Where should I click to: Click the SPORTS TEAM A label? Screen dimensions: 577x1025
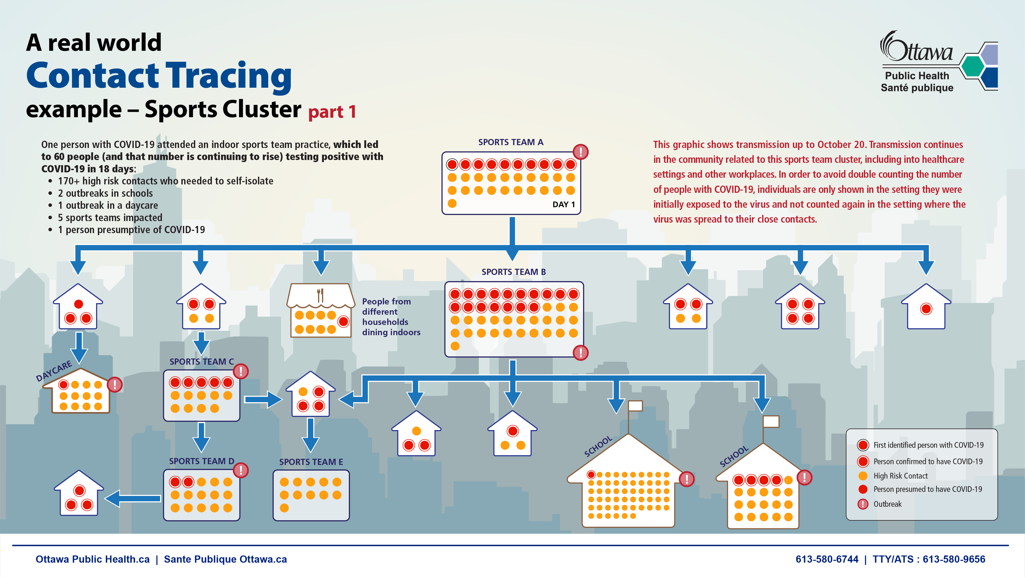tap(511, 142)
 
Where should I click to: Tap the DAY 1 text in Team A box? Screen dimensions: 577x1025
tap(563, 204)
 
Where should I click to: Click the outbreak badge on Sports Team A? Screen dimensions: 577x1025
tap(581, 152)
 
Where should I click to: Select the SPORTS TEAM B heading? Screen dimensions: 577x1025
tap(513, 272)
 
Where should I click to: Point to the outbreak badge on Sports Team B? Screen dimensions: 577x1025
tap(581, 352)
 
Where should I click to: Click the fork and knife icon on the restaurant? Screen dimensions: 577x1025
tap(320, 295)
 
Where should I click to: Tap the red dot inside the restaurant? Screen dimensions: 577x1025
tap(343, 321)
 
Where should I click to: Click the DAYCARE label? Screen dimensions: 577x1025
tap(54, 371)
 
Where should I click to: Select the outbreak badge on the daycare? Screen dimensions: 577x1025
tap(115, 384)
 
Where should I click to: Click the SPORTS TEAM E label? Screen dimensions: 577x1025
tap(311, 462)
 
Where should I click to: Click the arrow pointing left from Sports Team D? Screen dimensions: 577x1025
tap(132, 498)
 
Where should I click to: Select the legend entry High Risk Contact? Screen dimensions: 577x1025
tap(900, 476)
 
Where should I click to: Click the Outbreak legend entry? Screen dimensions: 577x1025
tap(887, 504)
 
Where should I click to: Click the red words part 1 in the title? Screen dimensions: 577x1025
tap(332, 112)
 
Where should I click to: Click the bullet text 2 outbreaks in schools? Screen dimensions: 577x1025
tap(105, 193)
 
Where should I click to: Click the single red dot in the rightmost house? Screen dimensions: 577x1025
tap(926, 309)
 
